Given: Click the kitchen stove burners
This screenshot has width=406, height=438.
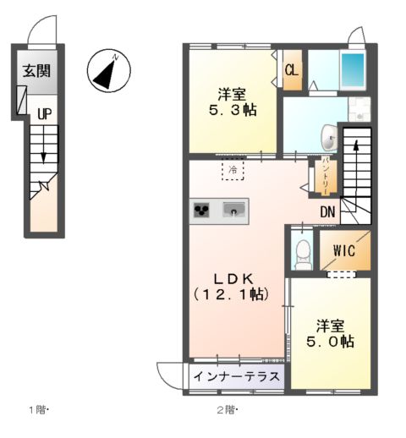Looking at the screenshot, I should tap(203, 210).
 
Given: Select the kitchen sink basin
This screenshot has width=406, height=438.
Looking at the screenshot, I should tap(234, 209).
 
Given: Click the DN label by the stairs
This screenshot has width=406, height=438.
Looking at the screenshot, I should tap(328, 213).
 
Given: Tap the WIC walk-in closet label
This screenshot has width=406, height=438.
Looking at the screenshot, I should tap(343, 250).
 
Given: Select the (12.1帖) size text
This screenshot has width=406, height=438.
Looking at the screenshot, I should tap(231, 294).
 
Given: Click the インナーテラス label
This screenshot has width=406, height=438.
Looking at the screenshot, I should tap(236, 376).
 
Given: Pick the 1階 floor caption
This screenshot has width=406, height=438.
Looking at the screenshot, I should tap(39, 410).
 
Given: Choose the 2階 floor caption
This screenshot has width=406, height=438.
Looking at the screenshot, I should tap(226, 410).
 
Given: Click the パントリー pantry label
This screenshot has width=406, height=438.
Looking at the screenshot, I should tap(326, 176).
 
